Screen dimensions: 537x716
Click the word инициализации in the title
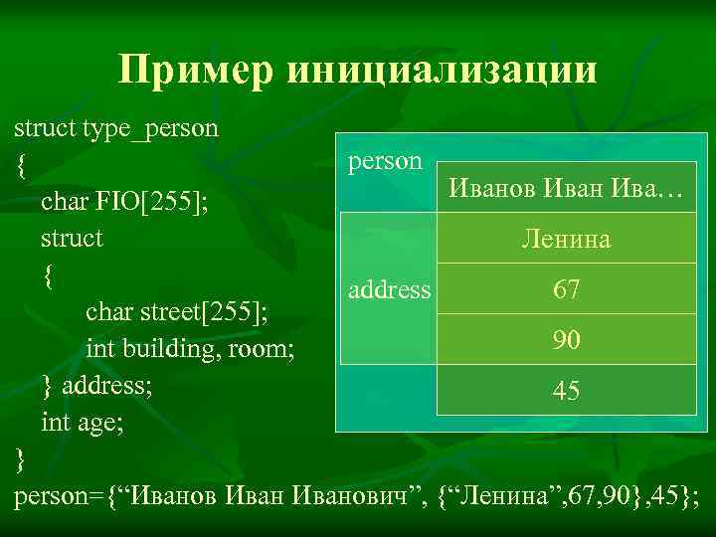(444, 72)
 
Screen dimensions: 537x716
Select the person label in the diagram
(385, 161)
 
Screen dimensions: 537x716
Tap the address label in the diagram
(390, 290)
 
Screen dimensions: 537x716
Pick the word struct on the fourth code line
(72, 240)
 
